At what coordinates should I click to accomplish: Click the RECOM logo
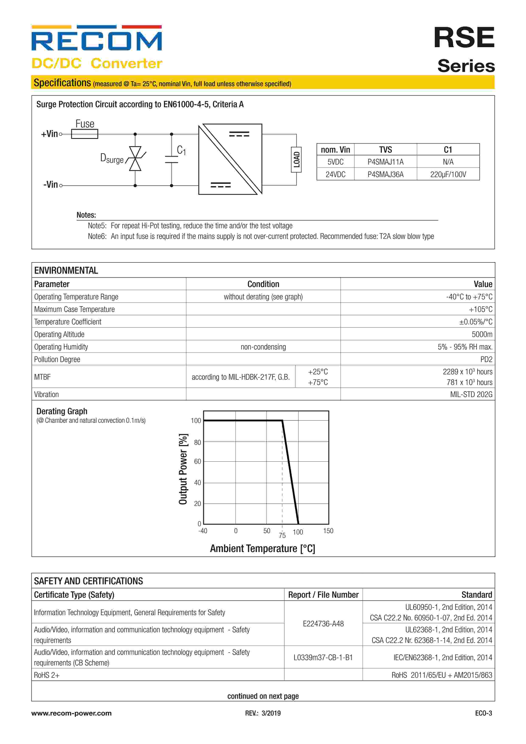(97, 39)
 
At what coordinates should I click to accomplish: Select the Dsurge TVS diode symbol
(135, 158)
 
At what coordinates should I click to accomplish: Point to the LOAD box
(296, 159)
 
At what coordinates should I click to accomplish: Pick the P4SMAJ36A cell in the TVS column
(386, 174)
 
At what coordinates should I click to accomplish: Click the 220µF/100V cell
(448, 174)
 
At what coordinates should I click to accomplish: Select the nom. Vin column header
(335, 150)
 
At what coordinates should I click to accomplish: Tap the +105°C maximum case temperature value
(480, 309)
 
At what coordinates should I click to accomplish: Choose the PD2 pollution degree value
(486, 359)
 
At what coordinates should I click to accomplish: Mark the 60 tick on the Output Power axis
(197, 461)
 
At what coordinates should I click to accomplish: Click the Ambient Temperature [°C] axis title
(262, 549)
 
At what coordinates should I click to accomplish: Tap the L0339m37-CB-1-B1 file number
(323, 658)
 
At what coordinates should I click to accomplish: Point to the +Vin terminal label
(49, 134)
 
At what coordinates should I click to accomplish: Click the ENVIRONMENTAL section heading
(66, 270)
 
